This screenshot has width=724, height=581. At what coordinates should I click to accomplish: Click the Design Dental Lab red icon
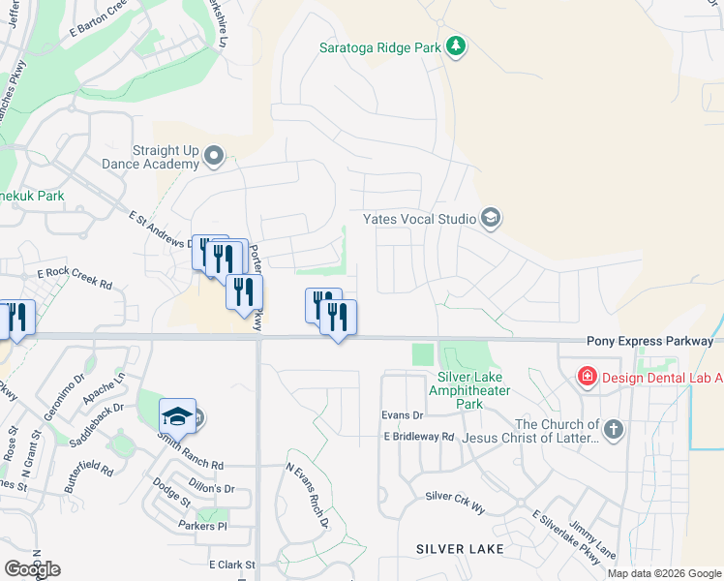coord(587,376)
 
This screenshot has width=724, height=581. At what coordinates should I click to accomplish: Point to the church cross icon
coord(612,428)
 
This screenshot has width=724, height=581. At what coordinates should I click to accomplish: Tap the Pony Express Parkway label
coord(649,342)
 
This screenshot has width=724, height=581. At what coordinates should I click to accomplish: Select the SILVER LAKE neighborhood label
coord(460,549)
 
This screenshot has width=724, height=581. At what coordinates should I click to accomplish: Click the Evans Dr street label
coord(403,414)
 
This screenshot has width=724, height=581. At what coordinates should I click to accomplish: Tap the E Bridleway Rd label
coord(418,437)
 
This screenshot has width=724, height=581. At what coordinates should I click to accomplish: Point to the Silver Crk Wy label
coord(454,496)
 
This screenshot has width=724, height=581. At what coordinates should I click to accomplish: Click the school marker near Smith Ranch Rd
coord(178,417)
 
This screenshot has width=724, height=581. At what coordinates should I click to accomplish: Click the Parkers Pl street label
coord(201,526)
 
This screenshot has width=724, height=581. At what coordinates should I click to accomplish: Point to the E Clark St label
coord(231,564)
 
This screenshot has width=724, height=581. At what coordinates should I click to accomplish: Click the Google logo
coord(32,569)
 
